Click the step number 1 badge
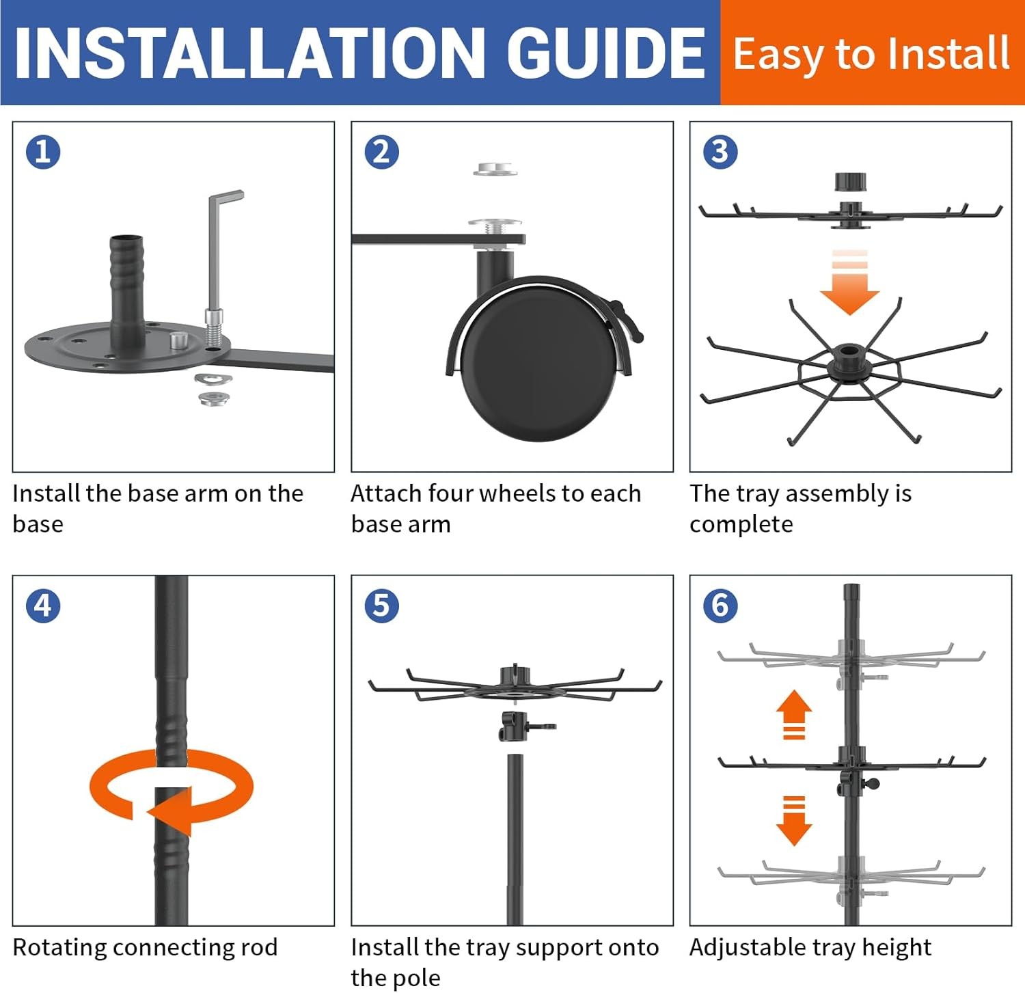pos(43,152)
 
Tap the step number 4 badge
pos(43,606)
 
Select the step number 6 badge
pos(720,606)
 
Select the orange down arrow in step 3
pos(849,282)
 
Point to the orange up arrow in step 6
pos(794,714)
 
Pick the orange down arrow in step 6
pos(794,821)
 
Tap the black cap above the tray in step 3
pos(851,182)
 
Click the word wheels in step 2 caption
pos(521,493)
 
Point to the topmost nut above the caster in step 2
pos(496,169)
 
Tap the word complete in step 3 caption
pos(741,524)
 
